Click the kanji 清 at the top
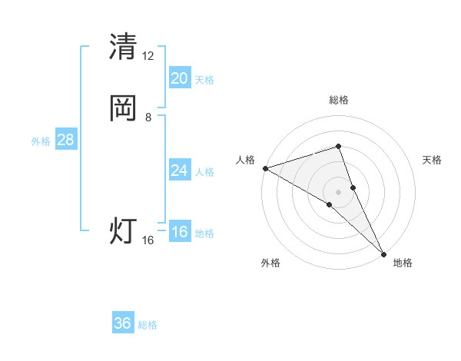[x=123, y=46]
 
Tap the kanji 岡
[x=123, y=108]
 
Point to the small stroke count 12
[x=148, y=55]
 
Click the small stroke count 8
[x=148, y=118]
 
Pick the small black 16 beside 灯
[x=148, y=240]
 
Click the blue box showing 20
[x=179, y=78]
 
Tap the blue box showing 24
[x=179, y=171]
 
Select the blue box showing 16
[x=179, y=233]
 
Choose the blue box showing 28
[x=65, y=140]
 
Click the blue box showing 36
[x=123, y=323]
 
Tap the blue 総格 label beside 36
[x=148, y=325]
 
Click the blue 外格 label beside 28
[x=41, y=141]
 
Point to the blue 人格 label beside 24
[x=204, y=172]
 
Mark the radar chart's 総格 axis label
[x=339, y=100]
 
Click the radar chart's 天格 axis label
[x=433, y=160]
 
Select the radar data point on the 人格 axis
[x=265, y=167]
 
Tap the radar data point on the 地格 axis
[x=383, y=253]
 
